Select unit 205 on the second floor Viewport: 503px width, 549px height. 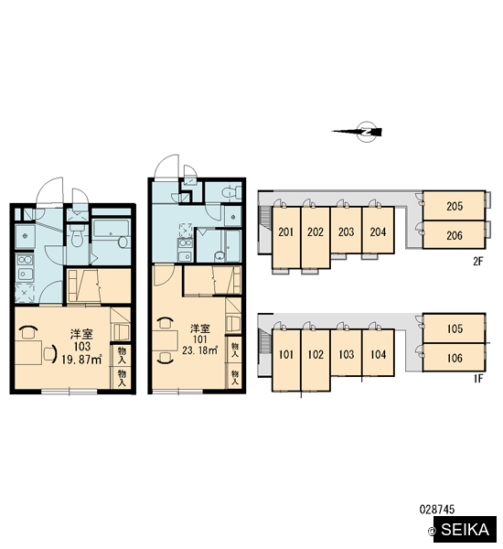[x=454, y=206]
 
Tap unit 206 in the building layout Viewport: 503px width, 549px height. [x=454, y=235]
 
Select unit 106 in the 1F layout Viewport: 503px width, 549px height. [x=454, y=358]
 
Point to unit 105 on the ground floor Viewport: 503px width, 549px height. [x=454, y=328]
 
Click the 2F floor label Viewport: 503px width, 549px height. [x=477, y=261]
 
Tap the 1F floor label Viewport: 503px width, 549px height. [x=478, y=379]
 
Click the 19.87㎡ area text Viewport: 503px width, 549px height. [x=81, y=360]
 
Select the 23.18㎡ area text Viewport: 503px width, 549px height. [x=199, y=350]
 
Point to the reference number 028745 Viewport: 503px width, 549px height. [x=437, y=509]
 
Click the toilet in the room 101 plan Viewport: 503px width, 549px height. [x=230, y=192]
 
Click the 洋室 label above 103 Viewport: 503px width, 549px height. [x=81, y=334]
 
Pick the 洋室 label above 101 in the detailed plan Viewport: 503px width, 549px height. [x=200, y=328]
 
